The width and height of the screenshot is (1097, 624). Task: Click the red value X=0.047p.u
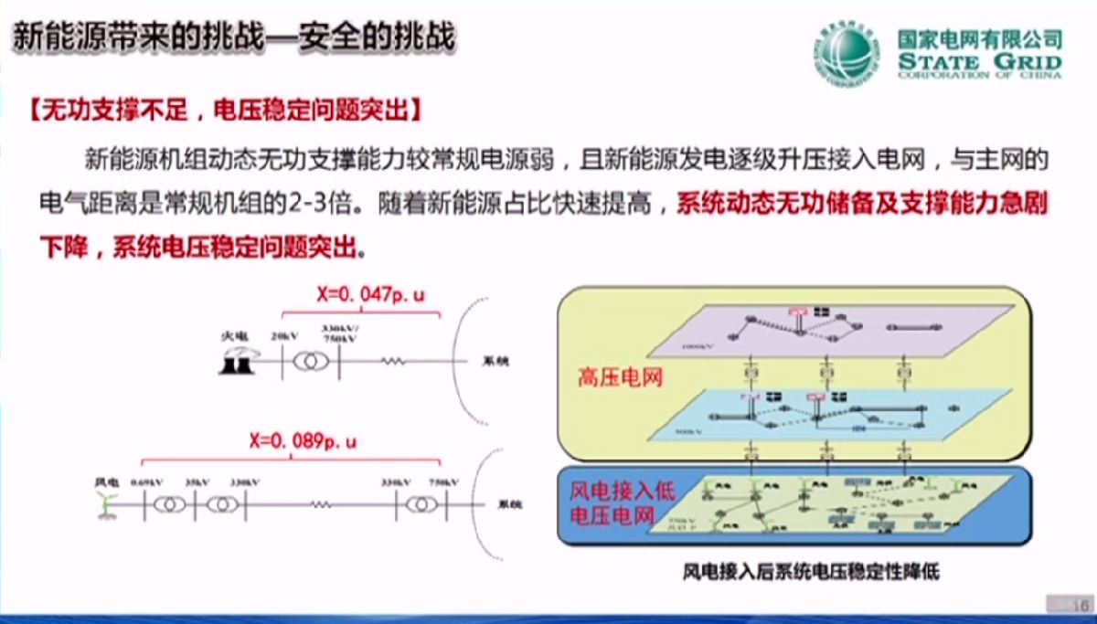coord(370,294)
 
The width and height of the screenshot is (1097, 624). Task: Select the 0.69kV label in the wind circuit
coord(146,481)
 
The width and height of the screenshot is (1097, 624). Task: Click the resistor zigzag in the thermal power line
coord(392,362)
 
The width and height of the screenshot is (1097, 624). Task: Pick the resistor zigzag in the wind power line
coord(319,504)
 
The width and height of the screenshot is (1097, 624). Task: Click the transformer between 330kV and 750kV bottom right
coord(421,504)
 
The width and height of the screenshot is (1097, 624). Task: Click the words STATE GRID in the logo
coord(980,62)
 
